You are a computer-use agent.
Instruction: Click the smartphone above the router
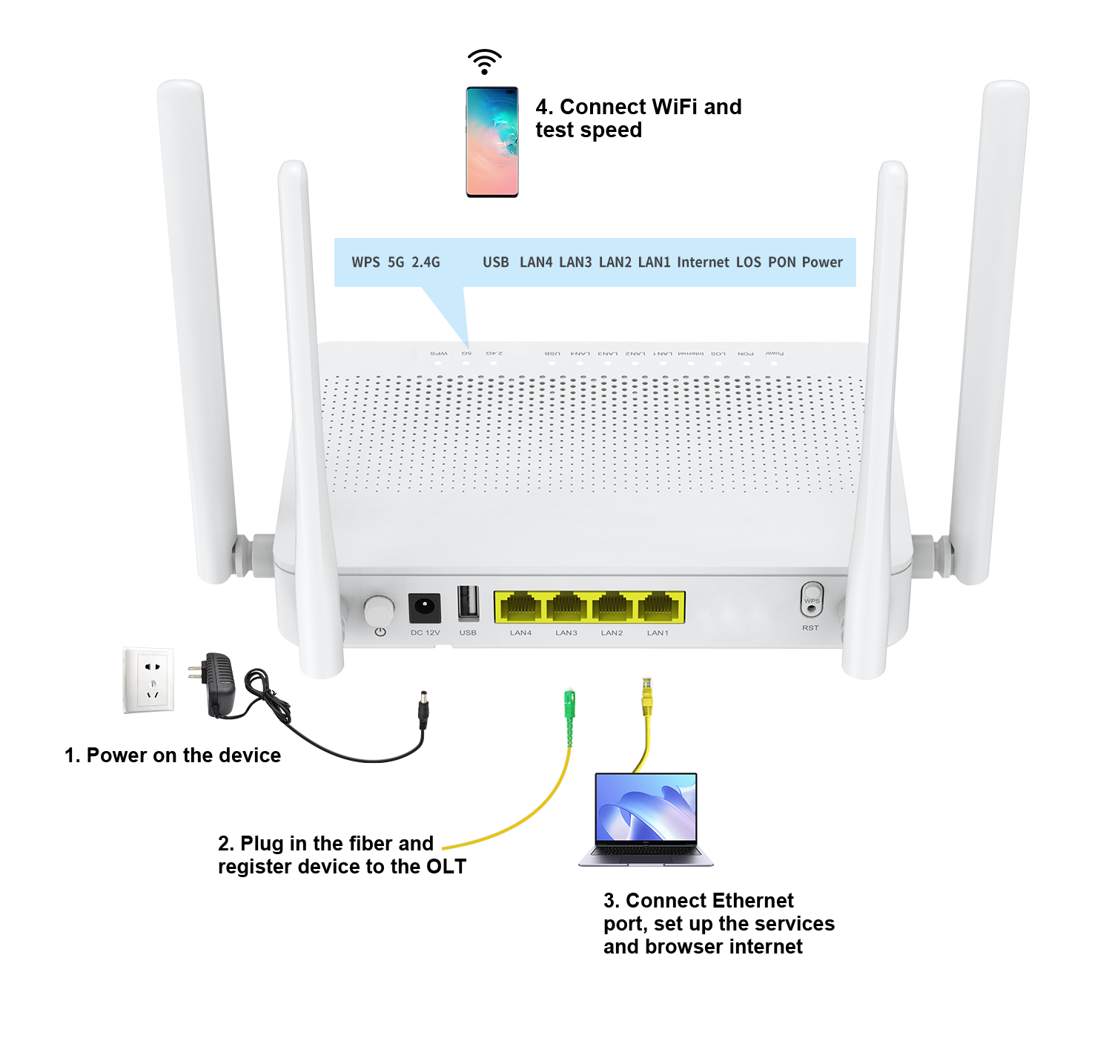pos(492,142)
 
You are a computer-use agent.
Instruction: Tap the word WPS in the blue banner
pos(365,262)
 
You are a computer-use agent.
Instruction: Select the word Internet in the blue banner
pos(703,262)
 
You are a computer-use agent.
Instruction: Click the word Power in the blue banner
pos(822,262)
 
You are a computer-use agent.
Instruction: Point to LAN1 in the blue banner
pos(654,262)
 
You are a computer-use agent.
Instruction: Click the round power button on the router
pos(379,611)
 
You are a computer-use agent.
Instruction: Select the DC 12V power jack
pos(425,607)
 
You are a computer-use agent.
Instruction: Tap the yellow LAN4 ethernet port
pos(521,608)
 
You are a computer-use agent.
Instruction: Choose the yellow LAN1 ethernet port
pos(658,608)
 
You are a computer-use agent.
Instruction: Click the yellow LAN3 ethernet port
pos(566,608)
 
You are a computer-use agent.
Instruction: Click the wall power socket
pos(148,681)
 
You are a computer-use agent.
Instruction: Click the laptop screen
pos(646,809)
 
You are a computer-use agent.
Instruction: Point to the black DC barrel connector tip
pos(423,713)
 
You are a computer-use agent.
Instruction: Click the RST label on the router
pos(810,628)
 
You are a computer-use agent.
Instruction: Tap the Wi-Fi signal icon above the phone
pos(485,61)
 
